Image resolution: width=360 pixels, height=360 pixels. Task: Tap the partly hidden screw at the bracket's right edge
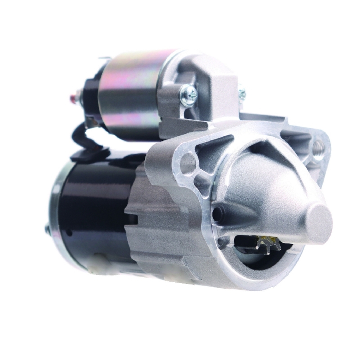pos(242,93)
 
